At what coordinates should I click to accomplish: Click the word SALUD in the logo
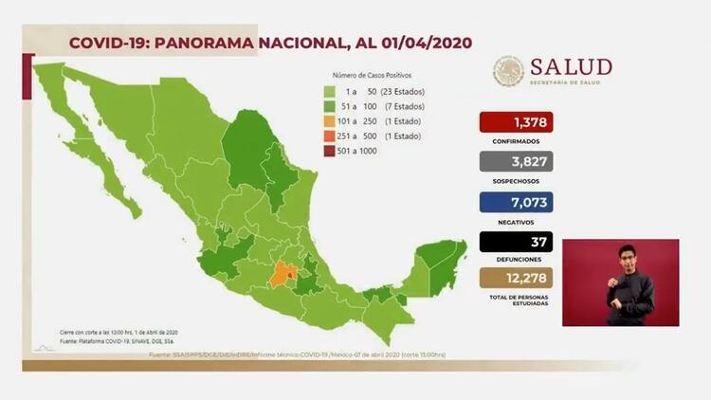click(571, 66)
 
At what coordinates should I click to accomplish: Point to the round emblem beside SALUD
click(508, 71)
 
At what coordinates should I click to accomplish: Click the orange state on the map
click(280, 277)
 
